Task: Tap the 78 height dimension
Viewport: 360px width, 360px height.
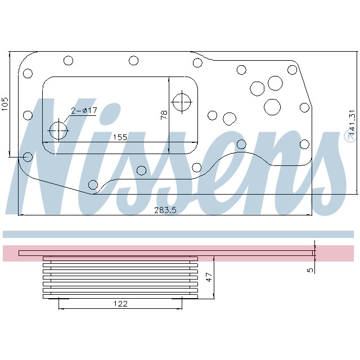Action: point(164,115)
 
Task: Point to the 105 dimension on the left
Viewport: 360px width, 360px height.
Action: point(6,103)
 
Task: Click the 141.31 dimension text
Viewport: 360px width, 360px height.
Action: point(352,124)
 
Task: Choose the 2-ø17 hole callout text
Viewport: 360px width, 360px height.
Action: point(84,110)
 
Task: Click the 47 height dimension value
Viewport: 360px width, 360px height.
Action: point(209,277)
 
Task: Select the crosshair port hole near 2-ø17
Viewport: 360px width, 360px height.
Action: point(58,130)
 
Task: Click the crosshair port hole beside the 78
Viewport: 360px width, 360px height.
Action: point(182,102)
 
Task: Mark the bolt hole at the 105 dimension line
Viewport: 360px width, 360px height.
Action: point(28,156)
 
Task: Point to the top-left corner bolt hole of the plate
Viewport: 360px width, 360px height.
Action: point(28,73)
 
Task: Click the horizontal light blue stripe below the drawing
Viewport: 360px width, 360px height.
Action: point(178,234)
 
